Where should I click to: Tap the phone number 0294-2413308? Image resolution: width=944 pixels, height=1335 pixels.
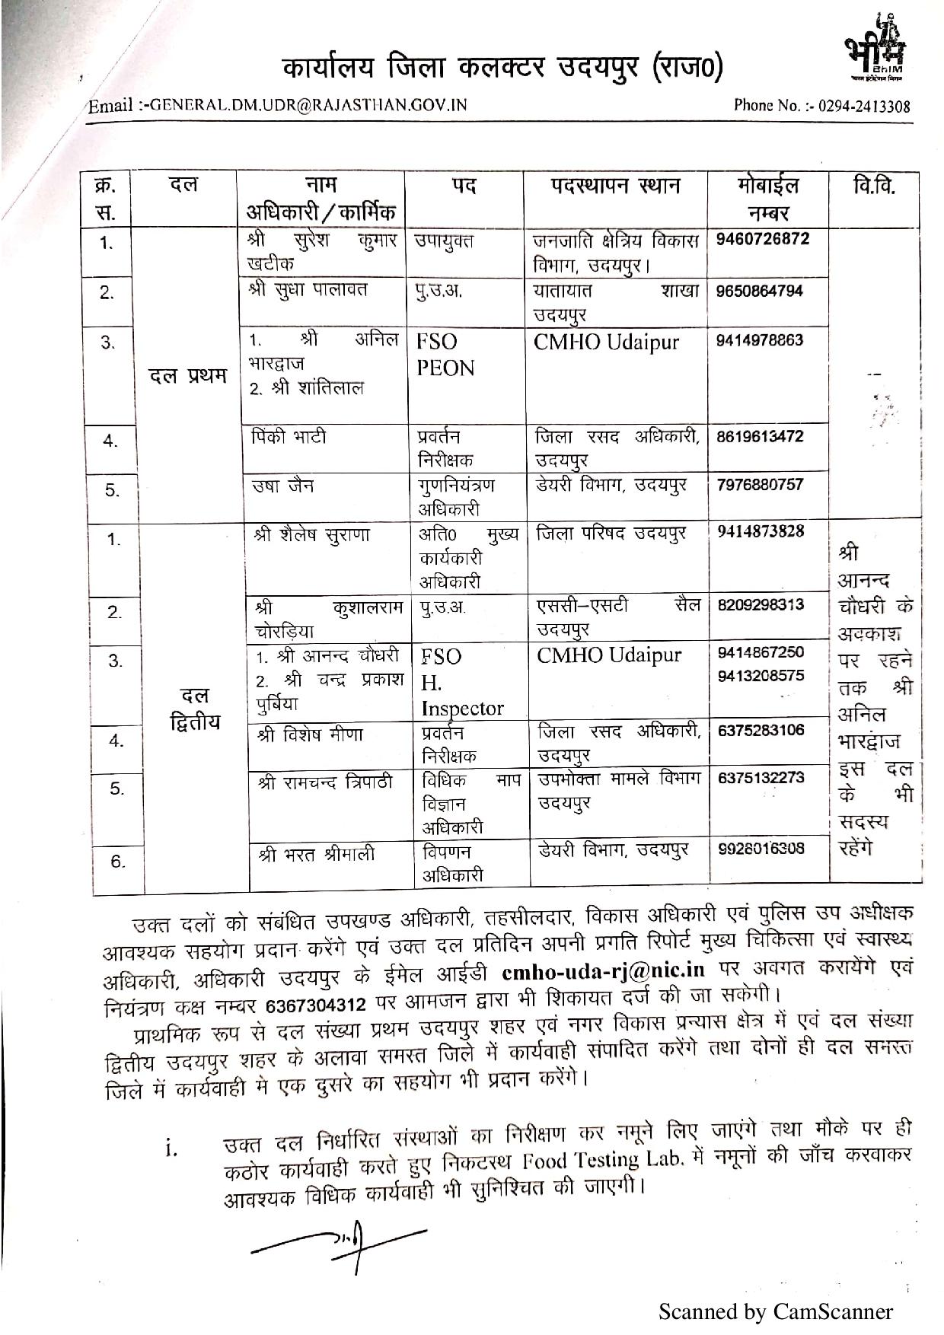(861, 106)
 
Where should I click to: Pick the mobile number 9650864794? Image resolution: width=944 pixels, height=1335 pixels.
(760, 291)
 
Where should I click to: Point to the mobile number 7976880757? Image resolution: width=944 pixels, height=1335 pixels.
(760, 484)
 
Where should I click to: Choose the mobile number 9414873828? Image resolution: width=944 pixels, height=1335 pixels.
(761, 531)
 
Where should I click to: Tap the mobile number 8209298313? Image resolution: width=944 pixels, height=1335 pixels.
(761, 604)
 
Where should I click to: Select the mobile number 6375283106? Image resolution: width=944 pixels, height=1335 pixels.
(761, 731)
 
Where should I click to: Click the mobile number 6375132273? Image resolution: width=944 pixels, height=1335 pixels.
(761, 778)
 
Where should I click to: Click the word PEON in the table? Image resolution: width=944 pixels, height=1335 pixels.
(445, 368)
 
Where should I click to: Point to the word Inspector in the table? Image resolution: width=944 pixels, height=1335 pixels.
(462, 709)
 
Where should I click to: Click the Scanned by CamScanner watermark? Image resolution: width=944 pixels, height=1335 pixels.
(775, 1311)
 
